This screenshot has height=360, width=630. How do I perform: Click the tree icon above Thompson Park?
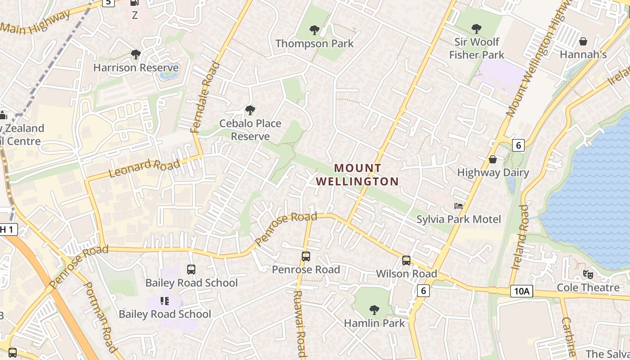click(x=315, y=30)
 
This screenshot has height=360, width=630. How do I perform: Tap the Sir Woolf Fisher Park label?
click(x=477, y=48)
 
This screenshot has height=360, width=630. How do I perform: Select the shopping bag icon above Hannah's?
click(x=583, y=41)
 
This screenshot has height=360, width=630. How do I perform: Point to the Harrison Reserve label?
click(x=135, y=68)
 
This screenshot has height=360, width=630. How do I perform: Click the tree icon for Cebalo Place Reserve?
click(x=250, y=110)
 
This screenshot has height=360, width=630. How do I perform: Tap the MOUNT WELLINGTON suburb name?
click(x=357, y=175)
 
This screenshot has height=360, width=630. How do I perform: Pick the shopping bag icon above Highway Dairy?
click(x=493, y=159)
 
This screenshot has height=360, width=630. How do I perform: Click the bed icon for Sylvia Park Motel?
click(x=459, y=206)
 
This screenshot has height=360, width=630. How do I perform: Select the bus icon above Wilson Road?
click(x=406, y=261)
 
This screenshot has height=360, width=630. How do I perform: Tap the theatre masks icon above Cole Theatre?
click(x=588, y=274)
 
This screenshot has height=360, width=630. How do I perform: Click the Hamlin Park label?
click(x=374, y=323)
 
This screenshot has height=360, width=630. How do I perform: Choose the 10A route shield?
click(x=522, y=291)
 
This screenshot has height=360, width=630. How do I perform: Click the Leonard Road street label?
click(x=144, y=168)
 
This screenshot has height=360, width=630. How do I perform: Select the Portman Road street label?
click(x=101, y=317)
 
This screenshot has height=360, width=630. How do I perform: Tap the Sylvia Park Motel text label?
click(x=459, y=220)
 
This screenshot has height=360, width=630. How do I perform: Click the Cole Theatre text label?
click(x=588, y=288)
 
